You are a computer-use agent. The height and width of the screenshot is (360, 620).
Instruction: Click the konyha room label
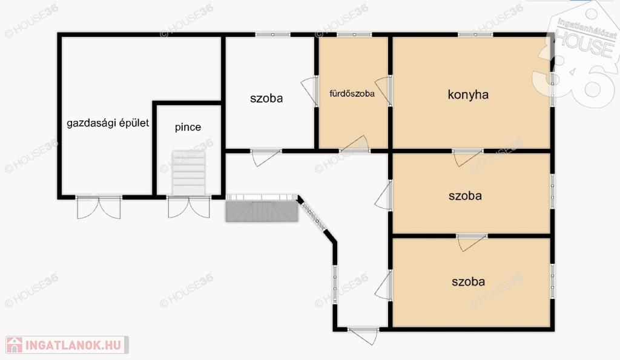(x=468, y=95)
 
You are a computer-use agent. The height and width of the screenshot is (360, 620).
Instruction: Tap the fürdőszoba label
(x=352, y=94)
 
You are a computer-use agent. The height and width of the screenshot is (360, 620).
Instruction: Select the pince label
(x=188, y=127)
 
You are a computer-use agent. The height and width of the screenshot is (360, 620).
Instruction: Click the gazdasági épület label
(x=108, y=123)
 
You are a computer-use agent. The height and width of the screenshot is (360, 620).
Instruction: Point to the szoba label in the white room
(x=266, y=99)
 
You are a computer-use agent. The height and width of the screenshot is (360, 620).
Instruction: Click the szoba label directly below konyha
(x=465, y=196)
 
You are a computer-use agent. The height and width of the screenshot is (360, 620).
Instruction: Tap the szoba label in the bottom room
(x=468, y=282)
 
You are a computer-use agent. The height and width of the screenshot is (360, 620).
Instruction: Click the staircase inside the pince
(x=189, y=173)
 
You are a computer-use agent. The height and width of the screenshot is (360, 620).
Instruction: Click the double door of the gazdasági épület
(x=99, y=207)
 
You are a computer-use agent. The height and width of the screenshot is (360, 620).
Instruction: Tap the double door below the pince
(x=189, y=207)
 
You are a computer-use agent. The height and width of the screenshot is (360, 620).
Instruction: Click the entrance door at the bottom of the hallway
(x=364, y=335)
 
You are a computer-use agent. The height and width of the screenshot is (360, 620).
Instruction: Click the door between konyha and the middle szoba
(x=468, y=157)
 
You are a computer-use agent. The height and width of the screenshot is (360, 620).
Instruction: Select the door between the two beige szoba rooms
(x=472, y=243)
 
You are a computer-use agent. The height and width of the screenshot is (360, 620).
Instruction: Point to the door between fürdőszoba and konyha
(x=383, y=91)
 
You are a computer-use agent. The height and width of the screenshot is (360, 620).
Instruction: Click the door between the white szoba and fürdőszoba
(x=309, y=91)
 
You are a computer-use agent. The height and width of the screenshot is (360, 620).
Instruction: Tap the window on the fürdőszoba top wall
(x=354, y=34)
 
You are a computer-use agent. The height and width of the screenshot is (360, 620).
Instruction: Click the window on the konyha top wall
(x=476, y=34)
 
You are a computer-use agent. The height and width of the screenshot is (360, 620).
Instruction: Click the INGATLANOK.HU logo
(x=67, y=345)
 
